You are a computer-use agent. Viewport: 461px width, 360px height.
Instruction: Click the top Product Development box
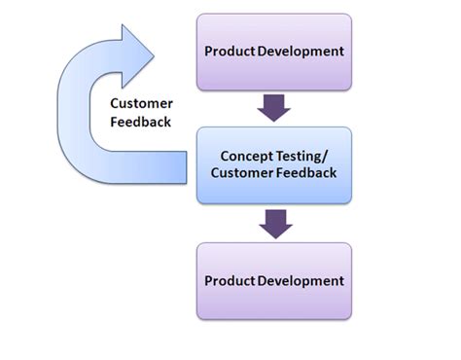tap(274, 52)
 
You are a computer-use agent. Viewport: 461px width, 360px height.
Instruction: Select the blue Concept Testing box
tap(274, 166)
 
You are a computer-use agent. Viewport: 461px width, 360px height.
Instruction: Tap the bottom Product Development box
tap(274, 281)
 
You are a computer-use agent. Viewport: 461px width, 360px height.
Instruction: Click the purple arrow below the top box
tap(275, 108)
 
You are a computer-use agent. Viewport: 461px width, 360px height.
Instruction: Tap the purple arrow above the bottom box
tap(275, 223)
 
